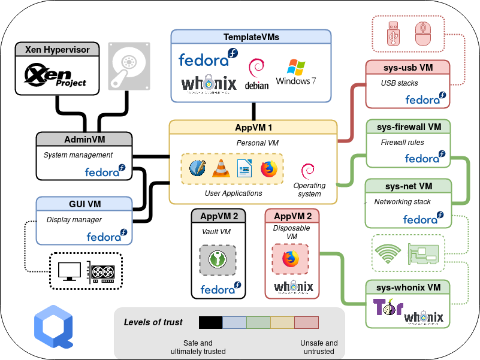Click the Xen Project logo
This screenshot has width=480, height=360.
pos(55,76)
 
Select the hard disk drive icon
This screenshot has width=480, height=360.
pos(129,66)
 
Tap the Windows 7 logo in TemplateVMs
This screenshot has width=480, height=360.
pos(295,72)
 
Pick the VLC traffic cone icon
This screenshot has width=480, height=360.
pos(220,169)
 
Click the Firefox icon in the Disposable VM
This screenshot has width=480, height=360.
pos(291,259)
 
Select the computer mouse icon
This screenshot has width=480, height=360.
pos(423,34)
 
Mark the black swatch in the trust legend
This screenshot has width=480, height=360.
pos(210,323)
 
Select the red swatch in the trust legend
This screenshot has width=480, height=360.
pos(306,323)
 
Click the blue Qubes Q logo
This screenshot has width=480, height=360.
pos(53,326)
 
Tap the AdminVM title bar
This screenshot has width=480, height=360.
pos(84,139)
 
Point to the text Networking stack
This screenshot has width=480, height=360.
pos(402,202)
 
